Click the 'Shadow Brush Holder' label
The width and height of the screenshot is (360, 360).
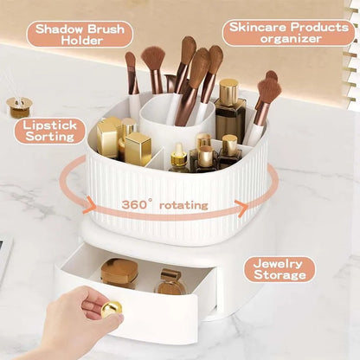coord(80,35)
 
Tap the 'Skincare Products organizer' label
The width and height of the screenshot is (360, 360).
coord(288,33)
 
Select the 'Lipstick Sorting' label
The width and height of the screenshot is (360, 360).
coord(50,131)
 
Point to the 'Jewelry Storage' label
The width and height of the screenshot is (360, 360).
coord(280,269)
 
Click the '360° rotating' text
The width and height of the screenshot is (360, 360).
coord(164,205)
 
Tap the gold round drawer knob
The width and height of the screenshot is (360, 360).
coord(112,309)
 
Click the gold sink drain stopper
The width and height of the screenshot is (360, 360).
coord(19,107)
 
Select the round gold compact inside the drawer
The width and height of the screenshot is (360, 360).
coord(119,273)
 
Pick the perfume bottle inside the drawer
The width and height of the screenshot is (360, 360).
coord(170,282)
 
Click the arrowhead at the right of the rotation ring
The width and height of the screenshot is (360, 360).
coord(241,207)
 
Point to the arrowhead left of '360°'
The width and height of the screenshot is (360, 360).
coord(90,205)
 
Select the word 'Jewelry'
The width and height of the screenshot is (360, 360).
coord(273,264)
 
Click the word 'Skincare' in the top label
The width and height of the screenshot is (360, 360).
coord(259,28)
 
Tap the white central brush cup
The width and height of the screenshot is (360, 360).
coord(177,121)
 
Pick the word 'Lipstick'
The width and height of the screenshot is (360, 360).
coord(49,125)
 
